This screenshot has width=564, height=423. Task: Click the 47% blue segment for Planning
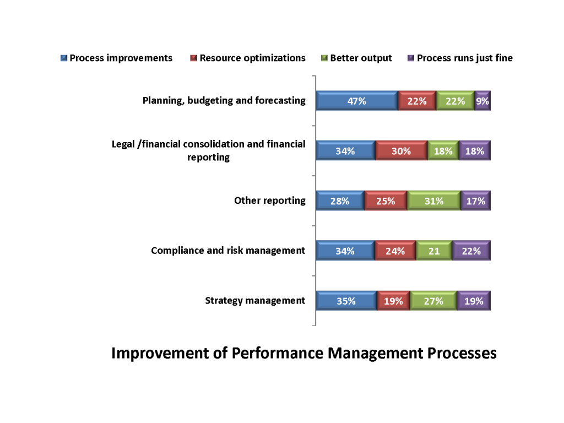pos(357,101)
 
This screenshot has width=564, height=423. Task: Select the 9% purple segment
pos(482,101)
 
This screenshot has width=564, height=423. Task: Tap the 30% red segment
pos(401,151)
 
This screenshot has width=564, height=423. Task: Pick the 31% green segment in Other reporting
pos(433,201)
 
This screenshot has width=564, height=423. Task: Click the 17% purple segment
pos(475,201)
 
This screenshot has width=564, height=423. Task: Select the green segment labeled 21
pos(433,251)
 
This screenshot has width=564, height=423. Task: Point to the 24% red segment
pos(395,251)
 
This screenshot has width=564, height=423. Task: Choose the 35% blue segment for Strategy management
pos(346,301)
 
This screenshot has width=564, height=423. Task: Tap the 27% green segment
pos(433,301)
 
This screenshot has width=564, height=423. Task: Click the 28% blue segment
pos(340,201)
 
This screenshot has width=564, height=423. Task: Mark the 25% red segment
pos(385,201)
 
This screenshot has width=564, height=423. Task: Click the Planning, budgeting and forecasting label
pos(224,100)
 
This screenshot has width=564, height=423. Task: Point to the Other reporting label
pos(269,200)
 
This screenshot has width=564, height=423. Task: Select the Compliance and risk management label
pos(228,251)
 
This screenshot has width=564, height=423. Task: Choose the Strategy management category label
pos(255,301)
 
